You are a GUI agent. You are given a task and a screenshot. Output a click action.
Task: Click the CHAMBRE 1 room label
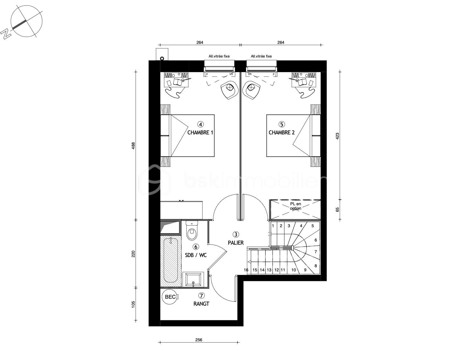tap(200, 132)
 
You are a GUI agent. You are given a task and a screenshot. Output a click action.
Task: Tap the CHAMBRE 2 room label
tap(281, 132)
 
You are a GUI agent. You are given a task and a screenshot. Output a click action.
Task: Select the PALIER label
tap(236, 243)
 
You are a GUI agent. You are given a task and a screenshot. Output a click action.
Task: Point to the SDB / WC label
tap(196, 255)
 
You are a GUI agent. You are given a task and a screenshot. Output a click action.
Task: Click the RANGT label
tap(201, 304)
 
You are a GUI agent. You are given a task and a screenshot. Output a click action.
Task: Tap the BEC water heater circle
tap(170, 297)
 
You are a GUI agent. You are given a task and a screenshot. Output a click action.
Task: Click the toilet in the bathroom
tap(192, 231)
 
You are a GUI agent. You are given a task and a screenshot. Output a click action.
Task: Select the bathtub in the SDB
tap(171, 260)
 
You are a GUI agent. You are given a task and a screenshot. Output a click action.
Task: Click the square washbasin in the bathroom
tap(193, 279)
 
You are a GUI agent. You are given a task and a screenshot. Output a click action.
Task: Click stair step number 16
tap(246, 270)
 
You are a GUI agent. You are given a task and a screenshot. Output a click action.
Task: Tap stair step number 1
tap(273, 226)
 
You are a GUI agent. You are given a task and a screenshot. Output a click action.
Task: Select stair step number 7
tap(316, 252)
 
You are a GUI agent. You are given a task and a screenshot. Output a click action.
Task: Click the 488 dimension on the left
tap(133, 146)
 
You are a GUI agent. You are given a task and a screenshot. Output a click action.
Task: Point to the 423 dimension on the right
tap(337, 136)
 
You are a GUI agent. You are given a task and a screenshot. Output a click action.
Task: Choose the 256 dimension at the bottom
tap(198, 340)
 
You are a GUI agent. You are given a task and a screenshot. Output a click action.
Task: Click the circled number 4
tap(200, 124)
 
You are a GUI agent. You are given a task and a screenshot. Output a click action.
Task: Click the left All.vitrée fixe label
tap(219, 56)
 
